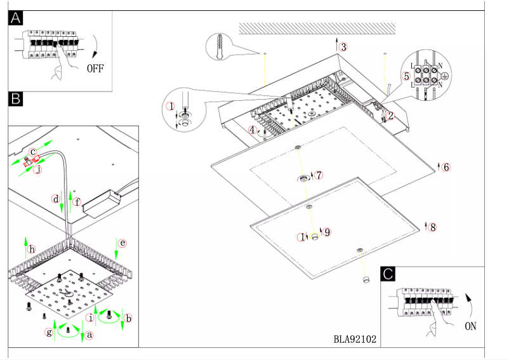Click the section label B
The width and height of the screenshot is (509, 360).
point(16,98)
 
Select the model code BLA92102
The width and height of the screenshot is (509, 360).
point(355,339)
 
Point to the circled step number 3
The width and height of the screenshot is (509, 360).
point(343,46)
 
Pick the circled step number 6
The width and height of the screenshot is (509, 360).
point(446,167)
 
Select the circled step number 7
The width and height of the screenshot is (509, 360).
point(319,175)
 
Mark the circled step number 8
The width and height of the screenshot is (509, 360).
point(433,227)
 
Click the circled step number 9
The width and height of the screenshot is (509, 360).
point(327,232)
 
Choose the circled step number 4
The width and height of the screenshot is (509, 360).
point(253,130)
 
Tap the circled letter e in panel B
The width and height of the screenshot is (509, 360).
point(123,243)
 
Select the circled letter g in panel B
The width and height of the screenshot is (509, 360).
point(49,332)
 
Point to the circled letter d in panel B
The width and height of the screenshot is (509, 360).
point(56,199)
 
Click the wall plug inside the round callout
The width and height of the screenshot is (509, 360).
point(220,46)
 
